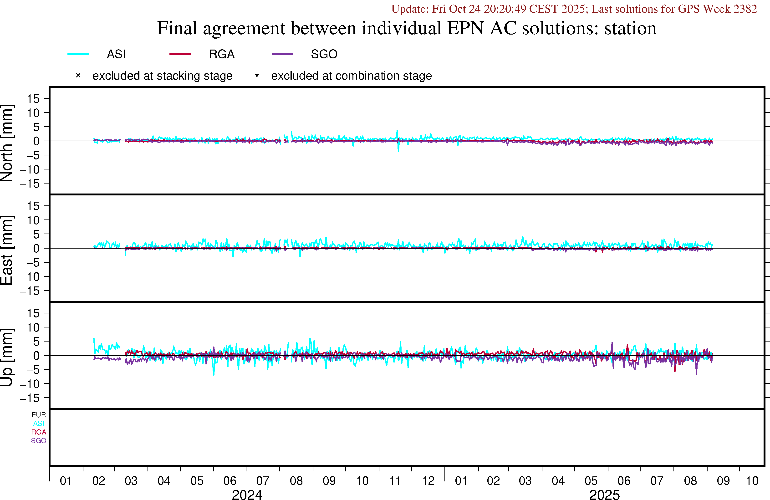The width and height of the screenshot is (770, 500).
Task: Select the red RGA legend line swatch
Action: (180, 54)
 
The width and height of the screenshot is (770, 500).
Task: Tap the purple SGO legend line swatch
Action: (282, 54)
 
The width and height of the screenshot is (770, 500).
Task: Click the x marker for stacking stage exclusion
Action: (78, 76)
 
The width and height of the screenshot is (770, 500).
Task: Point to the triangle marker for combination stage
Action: (257, 76)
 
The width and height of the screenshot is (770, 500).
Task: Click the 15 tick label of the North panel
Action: (33, 99)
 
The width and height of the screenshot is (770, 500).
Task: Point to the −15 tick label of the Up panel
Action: (30, 398)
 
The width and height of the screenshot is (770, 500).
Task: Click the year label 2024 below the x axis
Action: (247, 495)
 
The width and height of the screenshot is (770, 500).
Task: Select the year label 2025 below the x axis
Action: (604, 495)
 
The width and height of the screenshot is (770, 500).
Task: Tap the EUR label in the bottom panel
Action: (39, 415)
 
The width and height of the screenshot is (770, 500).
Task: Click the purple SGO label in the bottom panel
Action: (39, 441)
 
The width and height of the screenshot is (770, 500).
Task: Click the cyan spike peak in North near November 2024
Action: (397, 130)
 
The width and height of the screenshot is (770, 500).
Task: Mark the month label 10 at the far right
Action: (752, 481)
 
